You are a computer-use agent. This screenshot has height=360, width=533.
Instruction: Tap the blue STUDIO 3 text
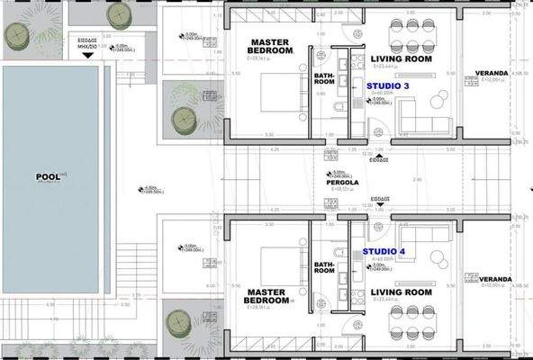coord(387,86)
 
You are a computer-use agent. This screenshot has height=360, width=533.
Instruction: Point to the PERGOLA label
coord(342,182)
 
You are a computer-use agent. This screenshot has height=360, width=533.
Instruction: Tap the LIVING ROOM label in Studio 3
coord(402,59)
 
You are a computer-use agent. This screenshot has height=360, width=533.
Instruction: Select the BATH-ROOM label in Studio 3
coord(324,79)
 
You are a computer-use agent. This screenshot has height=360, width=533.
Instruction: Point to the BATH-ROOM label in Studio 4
coord(324,269)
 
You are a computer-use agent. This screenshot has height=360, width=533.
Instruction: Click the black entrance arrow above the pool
coord(87,54)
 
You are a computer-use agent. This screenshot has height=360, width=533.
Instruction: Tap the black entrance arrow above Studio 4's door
coord(380,203)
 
